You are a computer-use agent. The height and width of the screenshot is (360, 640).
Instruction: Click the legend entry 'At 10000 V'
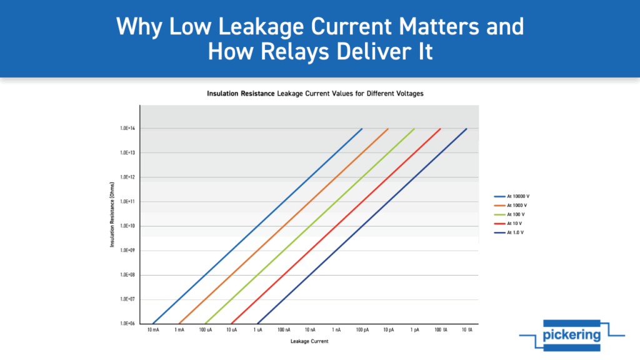512,196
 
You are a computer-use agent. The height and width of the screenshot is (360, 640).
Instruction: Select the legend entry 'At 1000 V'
511,205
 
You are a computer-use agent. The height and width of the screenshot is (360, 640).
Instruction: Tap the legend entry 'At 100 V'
509,214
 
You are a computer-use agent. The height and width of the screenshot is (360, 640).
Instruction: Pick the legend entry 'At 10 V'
508,223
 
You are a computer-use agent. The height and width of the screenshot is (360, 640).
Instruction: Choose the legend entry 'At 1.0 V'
509,232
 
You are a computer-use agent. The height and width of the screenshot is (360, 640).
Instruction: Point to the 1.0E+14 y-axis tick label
127,128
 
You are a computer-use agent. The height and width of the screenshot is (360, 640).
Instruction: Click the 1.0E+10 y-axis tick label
127,226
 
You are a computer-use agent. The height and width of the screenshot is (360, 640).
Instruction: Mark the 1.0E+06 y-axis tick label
127,323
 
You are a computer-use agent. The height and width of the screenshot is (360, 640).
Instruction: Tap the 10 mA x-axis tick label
153,330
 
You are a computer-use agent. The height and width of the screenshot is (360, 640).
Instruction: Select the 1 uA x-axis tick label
257,330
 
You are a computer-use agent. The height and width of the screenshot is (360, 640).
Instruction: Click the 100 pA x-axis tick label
362,330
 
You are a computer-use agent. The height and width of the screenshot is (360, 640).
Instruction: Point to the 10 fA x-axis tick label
467,330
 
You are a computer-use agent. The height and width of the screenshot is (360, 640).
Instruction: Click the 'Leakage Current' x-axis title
309,341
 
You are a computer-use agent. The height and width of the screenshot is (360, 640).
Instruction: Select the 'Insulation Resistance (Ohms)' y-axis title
112,214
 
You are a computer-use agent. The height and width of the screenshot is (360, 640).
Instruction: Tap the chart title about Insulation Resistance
315,94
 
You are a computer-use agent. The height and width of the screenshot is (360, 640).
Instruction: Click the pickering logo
572,335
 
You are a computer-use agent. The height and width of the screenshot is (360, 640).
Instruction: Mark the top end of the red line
441,129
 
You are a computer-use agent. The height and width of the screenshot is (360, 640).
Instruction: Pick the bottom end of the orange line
179,324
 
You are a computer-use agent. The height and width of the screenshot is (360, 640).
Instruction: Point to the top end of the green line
414,129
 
